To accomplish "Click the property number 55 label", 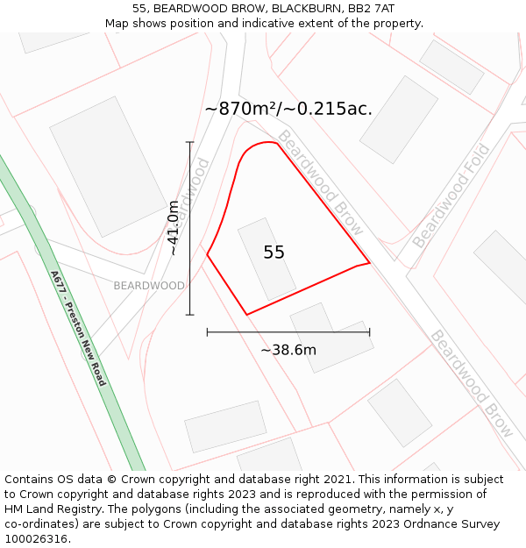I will tap(274, 253).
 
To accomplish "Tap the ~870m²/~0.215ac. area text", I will tap(288, 109).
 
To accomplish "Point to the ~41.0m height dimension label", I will tap(174, 228).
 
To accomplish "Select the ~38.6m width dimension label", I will tap(288, 350).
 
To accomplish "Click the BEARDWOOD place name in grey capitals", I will tap(149, 286).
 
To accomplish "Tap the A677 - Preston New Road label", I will tap(78, 328).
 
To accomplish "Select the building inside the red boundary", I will tap(267, 259).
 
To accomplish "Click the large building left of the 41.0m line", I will tap(108, 167).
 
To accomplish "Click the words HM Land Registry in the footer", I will tap(52, 509).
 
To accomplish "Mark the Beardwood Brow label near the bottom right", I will tap(471, 383).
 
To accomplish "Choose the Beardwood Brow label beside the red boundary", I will tap(320, 181).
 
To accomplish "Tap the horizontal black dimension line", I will tap(288, 332).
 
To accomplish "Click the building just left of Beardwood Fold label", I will tap(398, 119).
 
